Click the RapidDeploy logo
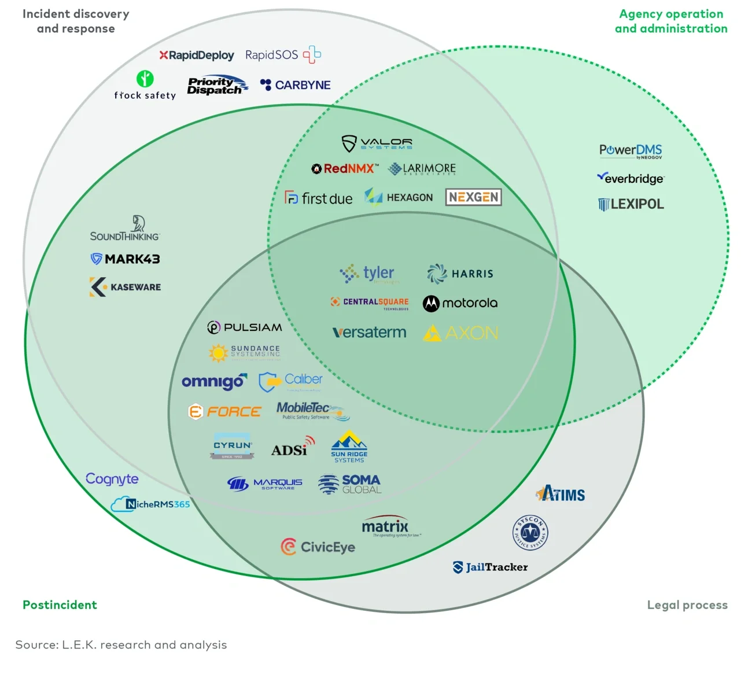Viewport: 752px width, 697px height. pyautogui.click(x=197, y=56)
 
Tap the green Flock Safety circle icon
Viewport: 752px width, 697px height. pyautogui.click(x=145, y=78)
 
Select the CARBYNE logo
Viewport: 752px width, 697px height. pyautogui.click(x=296, y=85)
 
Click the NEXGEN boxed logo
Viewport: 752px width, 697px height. pyautogui.click(x=473, y=197)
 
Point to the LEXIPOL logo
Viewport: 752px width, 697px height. pyautogui.click(x=631, y=204)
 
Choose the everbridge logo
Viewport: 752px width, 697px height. pyautogui.click(x=631, y=178)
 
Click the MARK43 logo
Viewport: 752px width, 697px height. pyautogui.click(x=126, y=259)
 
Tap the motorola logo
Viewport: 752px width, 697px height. pyautogui.click(x=460, y=303)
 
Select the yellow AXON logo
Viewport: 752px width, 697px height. pyautogui.click(x=461, y=333)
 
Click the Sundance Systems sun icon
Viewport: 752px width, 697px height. pyautogui.click(x=218, y=352)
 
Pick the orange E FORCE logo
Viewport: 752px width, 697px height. pyautogui.click(x=225, y=412)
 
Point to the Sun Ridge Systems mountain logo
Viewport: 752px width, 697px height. pyautogui.click(x=349, y=446)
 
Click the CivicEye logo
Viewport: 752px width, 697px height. pyautogui.click(x=318, y=547)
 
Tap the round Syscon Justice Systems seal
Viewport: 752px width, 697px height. pyautogui.click(x=530, y=532)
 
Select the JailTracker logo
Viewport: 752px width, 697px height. pyautogui.click(x=490, y=567)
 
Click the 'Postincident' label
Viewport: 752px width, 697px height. pyautogui.click(x=60, y=605)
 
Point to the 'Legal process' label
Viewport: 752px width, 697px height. pyautogui.click(x=687, y=605)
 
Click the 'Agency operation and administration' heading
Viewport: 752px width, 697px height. pyautogui.click(x=671, y=21)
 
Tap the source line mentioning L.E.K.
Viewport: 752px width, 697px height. pyautogui.click(x=121, y=645)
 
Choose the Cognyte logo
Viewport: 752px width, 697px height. pyautogui.click(x=112, y=479)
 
